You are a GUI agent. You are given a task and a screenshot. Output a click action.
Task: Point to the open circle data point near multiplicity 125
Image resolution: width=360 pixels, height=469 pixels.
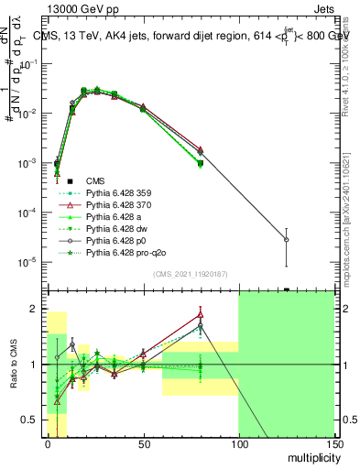287,240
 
